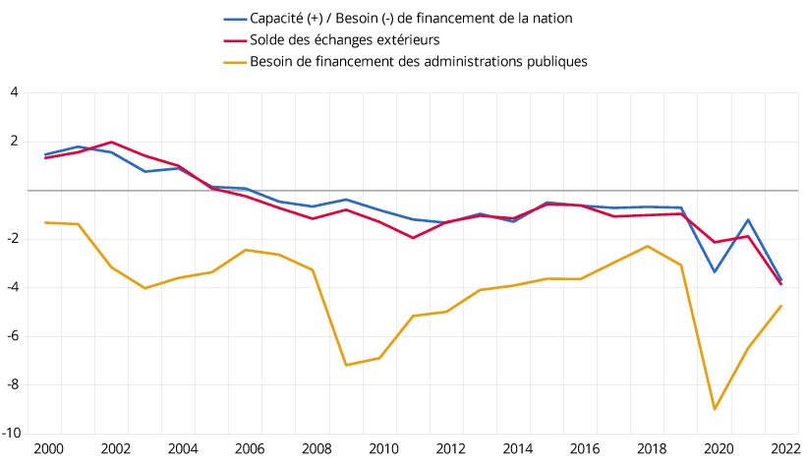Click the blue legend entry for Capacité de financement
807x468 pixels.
411,19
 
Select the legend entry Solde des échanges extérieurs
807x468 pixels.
344,39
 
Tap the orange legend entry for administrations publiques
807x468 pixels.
419,61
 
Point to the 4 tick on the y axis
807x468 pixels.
15,92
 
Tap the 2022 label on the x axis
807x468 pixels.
781,448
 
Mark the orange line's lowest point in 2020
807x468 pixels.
715,409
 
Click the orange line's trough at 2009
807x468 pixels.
346,365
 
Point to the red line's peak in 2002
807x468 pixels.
111,142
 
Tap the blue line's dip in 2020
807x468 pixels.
715,271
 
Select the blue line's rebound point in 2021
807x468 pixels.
748,219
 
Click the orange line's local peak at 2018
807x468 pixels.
648,246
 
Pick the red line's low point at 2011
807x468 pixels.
413,238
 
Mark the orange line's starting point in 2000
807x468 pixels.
45,222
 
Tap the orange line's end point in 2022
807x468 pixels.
781,305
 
